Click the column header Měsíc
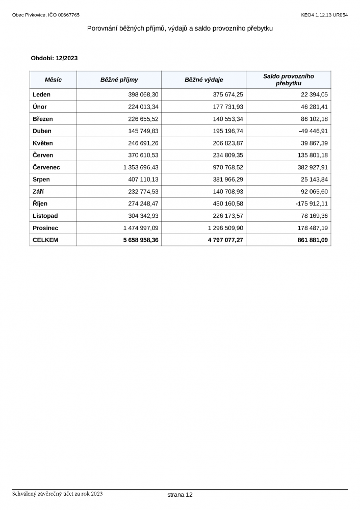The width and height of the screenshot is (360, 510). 53,80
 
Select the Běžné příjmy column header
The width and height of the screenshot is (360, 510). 119,80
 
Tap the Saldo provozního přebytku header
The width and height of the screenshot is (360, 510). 288,80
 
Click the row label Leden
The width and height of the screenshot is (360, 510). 41,95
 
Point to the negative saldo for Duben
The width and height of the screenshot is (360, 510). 310,131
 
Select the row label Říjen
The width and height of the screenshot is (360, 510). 40,203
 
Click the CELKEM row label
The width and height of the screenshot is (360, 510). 45,240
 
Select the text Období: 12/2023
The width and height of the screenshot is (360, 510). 54,59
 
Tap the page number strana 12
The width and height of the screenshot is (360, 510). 180,495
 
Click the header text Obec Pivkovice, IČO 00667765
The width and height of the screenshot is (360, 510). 46,15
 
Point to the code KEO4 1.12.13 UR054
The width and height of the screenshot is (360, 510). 324,15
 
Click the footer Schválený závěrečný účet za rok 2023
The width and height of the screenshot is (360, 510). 58,494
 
